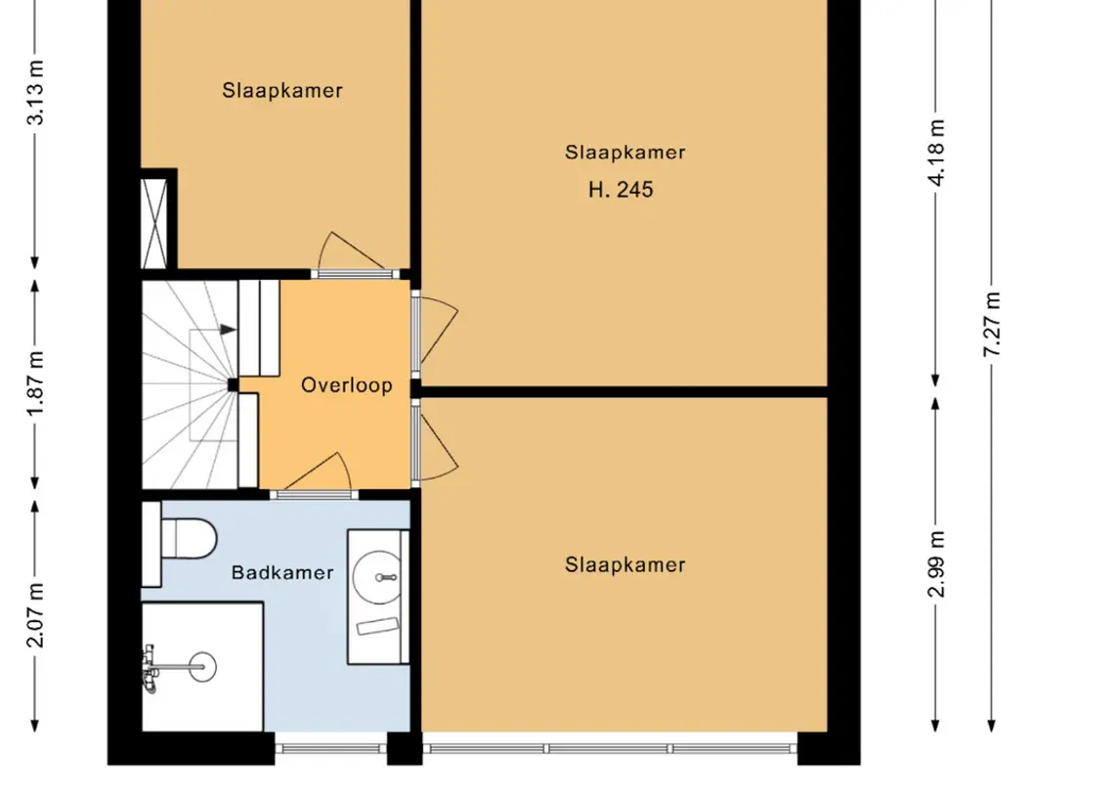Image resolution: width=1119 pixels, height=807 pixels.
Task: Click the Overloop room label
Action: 346,385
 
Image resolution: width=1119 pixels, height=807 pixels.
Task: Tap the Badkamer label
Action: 282,573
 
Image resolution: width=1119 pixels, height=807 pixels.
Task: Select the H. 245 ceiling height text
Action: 621,189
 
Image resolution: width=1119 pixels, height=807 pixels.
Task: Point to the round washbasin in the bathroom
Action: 377,577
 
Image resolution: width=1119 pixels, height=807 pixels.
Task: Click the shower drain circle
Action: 203,667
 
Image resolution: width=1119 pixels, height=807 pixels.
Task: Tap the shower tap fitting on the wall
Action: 150,669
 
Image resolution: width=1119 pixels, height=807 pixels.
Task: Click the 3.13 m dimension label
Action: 36,92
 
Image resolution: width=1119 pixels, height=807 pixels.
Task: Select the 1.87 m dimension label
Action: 36,383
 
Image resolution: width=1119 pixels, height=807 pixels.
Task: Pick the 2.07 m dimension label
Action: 36,615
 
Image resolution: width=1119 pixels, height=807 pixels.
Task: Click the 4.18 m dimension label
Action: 936,153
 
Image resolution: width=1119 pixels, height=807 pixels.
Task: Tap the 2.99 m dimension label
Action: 936,564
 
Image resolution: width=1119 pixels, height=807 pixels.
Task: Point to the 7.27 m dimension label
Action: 992,324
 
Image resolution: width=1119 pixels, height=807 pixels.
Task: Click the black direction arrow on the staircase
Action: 228,330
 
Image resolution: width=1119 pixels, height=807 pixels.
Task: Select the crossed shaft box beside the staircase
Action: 154,224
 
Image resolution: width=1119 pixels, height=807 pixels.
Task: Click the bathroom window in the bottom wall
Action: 331,748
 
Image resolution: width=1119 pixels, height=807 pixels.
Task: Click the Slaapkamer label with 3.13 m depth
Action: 281,91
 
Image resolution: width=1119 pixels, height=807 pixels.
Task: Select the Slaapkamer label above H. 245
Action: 625,153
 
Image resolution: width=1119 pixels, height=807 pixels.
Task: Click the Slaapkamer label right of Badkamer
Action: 625,565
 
